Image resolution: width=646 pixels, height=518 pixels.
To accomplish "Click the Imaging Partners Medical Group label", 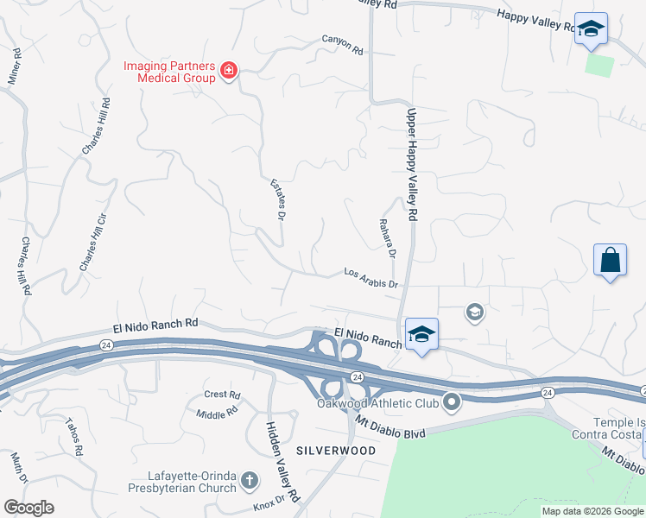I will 168,71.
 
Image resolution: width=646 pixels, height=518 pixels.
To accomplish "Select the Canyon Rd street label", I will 343,45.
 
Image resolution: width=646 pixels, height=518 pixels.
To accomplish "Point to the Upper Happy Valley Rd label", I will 413,162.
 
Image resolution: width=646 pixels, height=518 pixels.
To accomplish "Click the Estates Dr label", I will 277,199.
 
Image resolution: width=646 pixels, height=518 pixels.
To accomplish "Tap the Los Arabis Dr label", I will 370,278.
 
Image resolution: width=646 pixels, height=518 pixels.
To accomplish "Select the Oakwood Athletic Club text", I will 378,403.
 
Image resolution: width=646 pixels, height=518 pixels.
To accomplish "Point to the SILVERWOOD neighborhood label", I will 336,451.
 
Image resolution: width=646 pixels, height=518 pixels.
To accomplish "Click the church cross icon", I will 249,480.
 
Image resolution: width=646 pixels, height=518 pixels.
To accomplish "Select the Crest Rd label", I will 222,395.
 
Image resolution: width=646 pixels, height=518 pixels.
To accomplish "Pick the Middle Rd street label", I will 217,414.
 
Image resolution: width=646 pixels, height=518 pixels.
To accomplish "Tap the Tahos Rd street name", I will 73,437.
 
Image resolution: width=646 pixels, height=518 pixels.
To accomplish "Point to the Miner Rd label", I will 13,66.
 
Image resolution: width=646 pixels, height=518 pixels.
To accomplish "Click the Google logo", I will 28,508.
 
